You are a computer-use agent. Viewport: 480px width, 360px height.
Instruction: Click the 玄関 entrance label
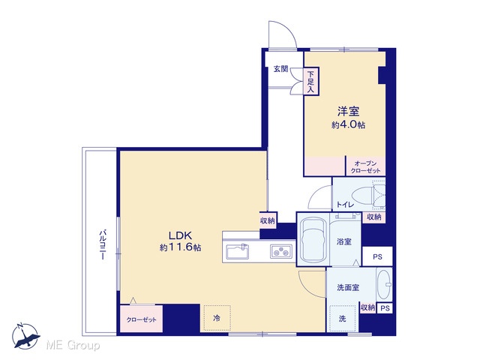(x=280, y=69)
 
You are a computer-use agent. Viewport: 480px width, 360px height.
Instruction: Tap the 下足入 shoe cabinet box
(x=311, y=82)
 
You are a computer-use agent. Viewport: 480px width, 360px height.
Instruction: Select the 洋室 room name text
(x=348, y=111)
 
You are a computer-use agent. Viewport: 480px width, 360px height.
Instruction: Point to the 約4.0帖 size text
(x=348, y=125)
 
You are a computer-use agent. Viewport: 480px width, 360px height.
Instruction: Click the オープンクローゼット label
(x=365, y=166)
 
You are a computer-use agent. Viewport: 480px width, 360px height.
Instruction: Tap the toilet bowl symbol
(x=365, y=195)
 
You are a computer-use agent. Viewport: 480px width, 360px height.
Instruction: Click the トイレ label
(x=345, y=205)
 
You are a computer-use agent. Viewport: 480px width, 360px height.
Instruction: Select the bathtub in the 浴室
(x=313, y=239)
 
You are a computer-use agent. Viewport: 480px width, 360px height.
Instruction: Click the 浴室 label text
(x=343, y=241)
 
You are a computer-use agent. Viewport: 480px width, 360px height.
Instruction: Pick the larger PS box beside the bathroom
(x=377, y=256)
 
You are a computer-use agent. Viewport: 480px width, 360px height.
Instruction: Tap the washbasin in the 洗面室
(x=383, y=285)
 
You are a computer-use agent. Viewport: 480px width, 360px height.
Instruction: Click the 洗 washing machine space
(x=343, y=319)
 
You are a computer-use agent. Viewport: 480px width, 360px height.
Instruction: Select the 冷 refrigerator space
(x=217, y=318)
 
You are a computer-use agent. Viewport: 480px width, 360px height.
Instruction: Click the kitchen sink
(x=237, y=251)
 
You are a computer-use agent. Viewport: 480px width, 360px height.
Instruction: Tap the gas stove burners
(x=281, y=252)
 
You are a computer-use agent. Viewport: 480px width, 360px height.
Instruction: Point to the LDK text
(x=181, y=235)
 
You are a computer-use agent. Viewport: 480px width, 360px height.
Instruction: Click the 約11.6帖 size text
(x=180, y=247)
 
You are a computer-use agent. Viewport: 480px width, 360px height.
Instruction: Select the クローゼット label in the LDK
(x=142, y=320)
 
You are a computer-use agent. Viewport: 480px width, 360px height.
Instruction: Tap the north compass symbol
(x=25, y=336)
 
